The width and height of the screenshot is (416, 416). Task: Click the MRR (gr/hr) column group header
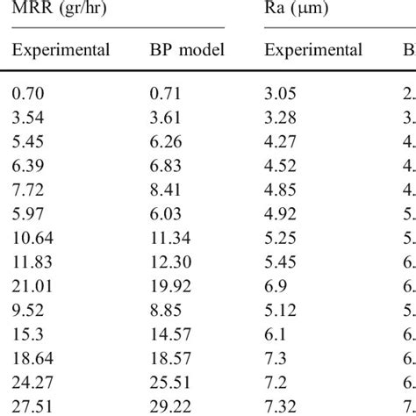point(52,11)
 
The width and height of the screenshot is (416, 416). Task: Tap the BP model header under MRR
point(187,49)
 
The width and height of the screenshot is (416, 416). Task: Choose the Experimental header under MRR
point(61,49)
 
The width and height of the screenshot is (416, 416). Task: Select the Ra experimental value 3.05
point(282,90)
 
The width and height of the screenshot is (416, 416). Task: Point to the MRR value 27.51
point(32,403)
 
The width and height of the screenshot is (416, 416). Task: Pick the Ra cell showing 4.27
point(282,137)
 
